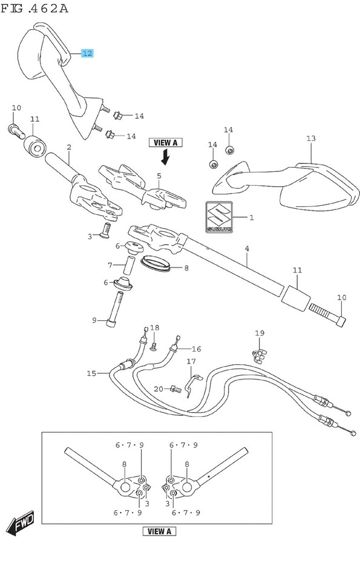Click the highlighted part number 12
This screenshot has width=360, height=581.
[x=87, y=53]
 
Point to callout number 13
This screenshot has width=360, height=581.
[x=311, y=139]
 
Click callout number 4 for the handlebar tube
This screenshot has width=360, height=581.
[x=247, y=248]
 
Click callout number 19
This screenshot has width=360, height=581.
[x=260, y=333]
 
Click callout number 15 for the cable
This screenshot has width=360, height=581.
[x=91, y=373]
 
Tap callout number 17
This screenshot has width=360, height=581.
[x=191, y=361]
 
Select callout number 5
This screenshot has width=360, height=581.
[x=159, y=177]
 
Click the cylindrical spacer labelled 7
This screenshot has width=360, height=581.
[x=129, y=265]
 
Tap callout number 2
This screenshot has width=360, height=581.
[x=69, y=147]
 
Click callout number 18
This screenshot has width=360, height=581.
[x=154, y=328]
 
